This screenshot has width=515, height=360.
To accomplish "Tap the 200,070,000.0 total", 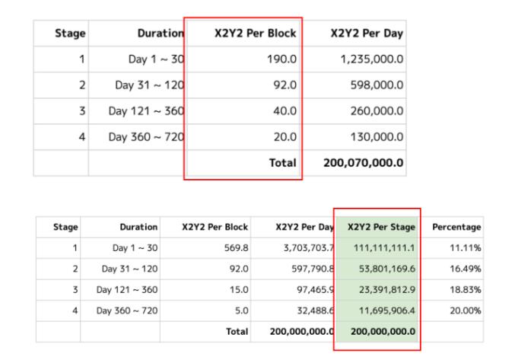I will pyautogui.click(x=364, y=163).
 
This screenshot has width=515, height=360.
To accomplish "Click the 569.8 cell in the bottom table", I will pyautogui.click(x=236, y=248).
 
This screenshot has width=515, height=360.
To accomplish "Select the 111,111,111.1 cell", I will pyautogui.click(x=384, y=248).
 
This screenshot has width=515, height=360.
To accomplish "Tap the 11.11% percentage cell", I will pyautogui.click(x=466, y=248).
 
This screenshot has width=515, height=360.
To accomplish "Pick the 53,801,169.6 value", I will pyautogui.click(x=384, y=269).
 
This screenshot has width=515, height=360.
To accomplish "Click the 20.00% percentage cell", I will pyautogui.click(x=465, y=311).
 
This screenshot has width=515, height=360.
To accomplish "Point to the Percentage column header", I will pyautogui.click(x=456, y=227).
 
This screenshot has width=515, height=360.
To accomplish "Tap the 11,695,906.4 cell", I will pyautogui.click(x=384, y=311).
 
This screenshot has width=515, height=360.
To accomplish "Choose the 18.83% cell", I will pyautogui.click(x=465, y=290).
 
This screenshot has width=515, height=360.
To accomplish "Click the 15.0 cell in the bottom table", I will pyautogui.click(x=238, y=290).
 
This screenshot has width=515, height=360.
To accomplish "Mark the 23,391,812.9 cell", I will pyautogui.click(x=384, y=290).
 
